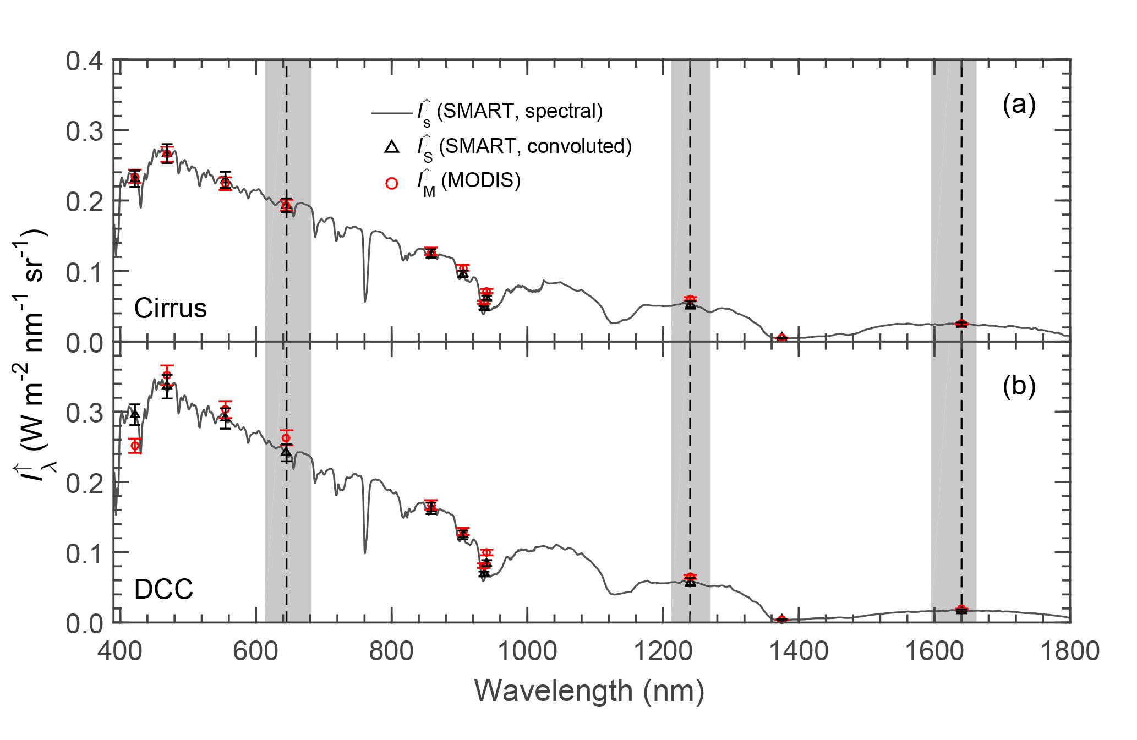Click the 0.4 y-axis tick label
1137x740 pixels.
tap(84, 61)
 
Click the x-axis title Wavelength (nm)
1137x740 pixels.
tap(589, 691)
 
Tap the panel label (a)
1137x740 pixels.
tap(1019, 105)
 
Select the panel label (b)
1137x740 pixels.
tap(1019, 386)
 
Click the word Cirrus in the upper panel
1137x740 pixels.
tap(170, 308)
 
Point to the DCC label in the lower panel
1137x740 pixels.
tap(163, 590)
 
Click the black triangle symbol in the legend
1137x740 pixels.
tap(392, 147)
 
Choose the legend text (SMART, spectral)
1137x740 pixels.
tap(520, 111)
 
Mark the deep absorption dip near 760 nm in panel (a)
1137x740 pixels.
tap(365, 300)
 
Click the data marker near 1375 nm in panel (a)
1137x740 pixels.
tap(781, 337)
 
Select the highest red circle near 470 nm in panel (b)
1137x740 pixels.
tap(167, 375)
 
